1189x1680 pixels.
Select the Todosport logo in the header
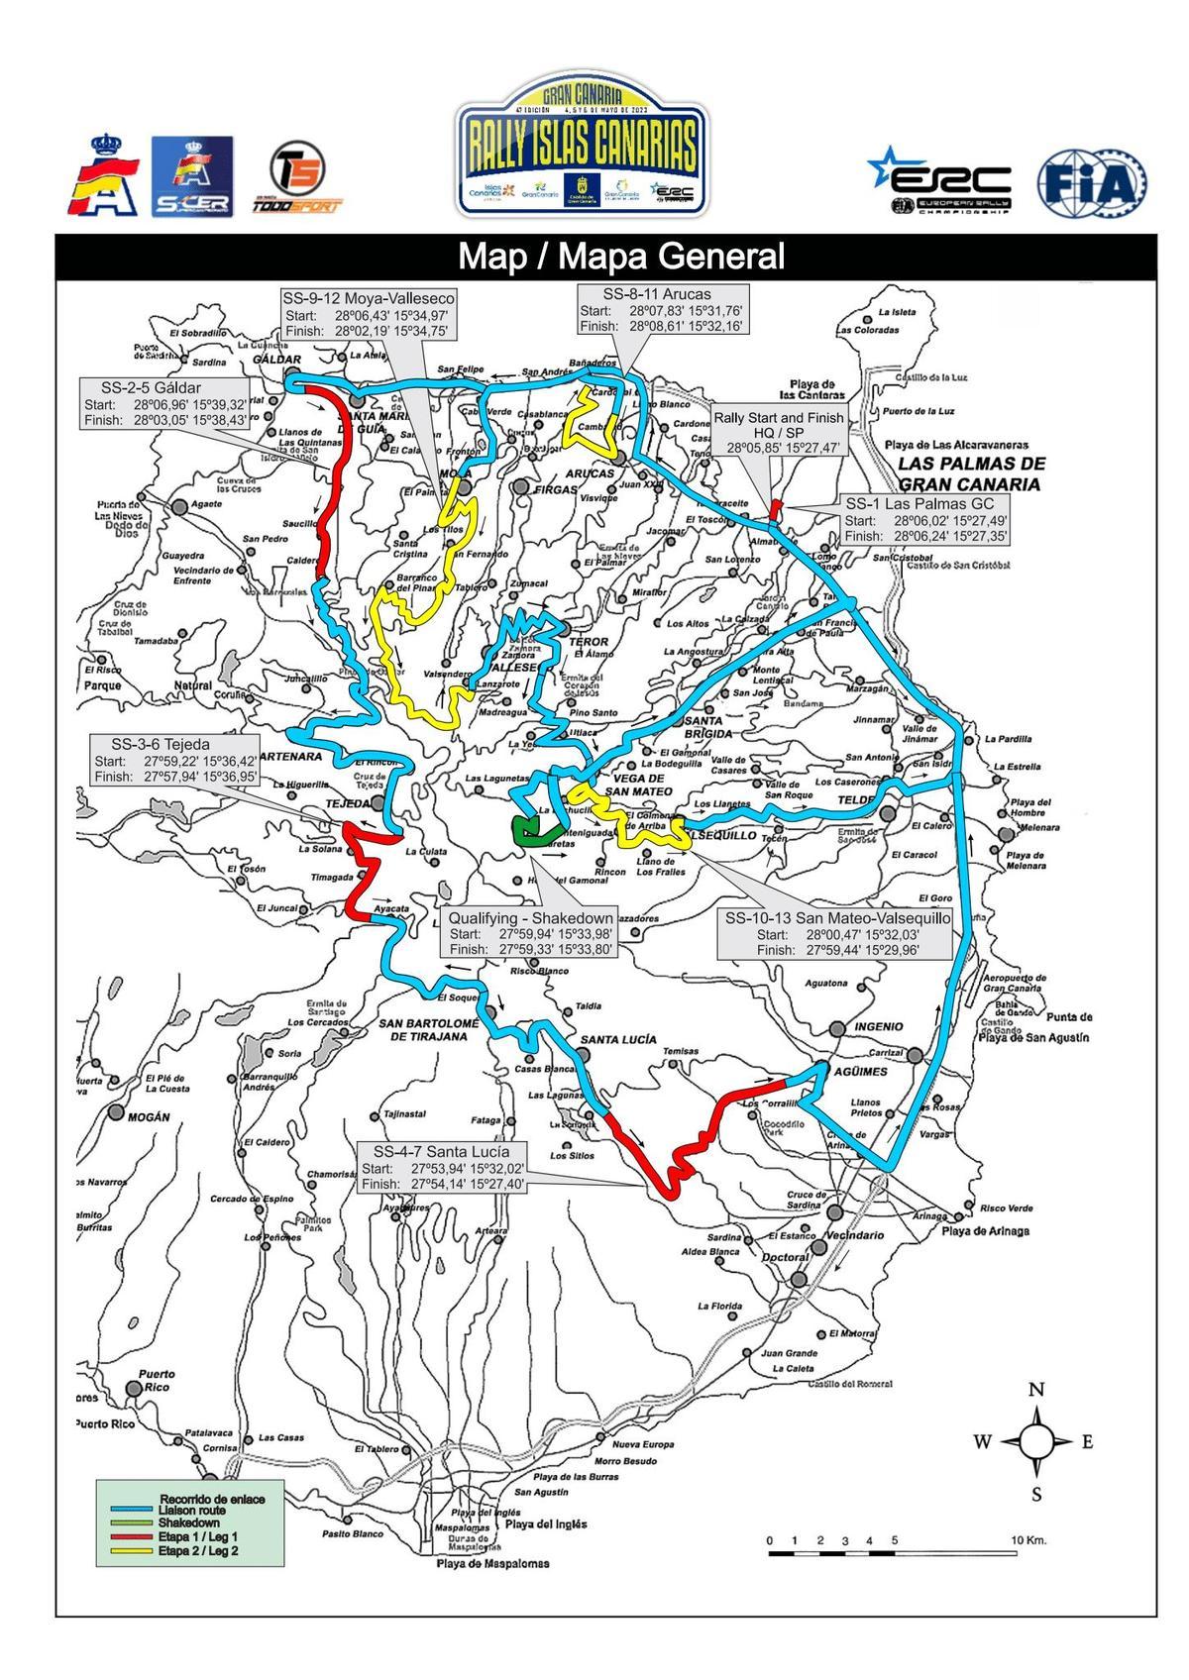[302, 178]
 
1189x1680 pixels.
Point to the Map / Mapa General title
[620, 257]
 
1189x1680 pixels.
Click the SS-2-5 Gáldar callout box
[166, 403]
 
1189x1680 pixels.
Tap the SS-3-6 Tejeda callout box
[174, 760]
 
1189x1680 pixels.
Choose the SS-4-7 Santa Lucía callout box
[442, 1167]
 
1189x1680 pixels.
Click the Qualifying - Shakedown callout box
[531, 933]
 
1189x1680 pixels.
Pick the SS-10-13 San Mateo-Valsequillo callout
[837, 933]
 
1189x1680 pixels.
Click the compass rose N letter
[1036, 1390]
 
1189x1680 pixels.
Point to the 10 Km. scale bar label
[1029, 1540]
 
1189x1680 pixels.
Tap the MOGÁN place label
[149, 1116]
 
